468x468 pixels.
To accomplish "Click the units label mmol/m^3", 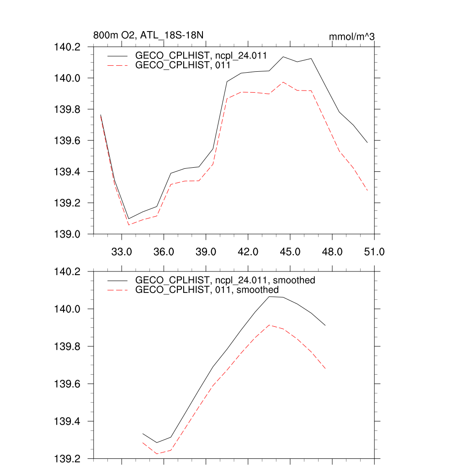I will click(x=352, y=36).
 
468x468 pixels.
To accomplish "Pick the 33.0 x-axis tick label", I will click(x=122, y=252).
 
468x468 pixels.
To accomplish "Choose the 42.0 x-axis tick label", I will click(x=248, y=252).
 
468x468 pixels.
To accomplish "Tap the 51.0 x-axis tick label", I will click(x=374, y=252).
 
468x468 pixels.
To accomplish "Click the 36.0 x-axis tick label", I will click(x=164, y=252).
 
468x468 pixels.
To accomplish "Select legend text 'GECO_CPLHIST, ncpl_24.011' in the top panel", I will click(x=201, y=55).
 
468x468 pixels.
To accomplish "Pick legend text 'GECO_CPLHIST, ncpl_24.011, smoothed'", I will click(x=225, y=280).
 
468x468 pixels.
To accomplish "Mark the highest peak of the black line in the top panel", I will click(x=283, y=57).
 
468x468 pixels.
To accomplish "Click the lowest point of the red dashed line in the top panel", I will click(x=129, y=224).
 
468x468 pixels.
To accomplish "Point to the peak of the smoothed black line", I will click(x=269, y=297).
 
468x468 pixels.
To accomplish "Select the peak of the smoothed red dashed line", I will click(x=269, y=325).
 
